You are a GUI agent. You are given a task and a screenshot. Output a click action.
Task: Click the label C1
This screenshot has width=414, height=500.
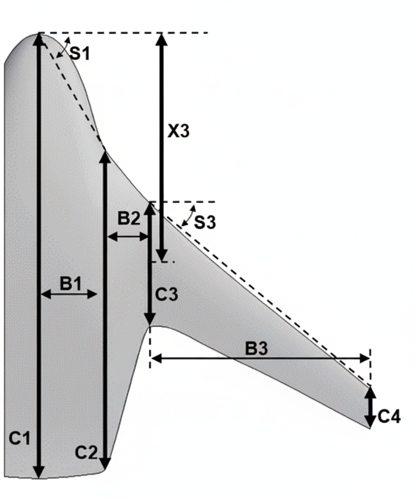pyautogui.click(x=20, y=439)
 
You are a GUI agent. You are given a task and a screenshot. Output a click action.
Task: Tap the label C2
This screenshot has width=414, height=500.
pyautogui.click(x=86, y=453)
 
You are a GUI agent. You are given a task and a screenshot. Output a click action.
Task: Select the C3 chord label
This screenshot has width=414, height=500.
pyautogui.click(x=166, y=295)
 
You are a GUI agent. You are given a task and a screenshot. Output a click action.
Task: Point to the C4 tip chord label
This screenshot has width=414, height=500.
pyautogui.click(x=389, y=417)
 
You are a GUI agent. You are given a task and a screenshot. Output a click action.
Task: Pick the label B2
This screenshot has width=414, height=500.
pyautogui.click(x=128, y=219)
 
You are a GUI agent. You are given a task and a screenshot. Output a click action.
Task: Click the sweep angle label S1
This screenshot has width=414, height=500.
pyautogui.click(x=80, y=54)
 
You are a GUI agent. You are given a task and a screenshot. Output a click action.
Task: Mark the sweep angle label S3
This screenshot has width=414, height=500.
pyautogui.click(x=205, y=222)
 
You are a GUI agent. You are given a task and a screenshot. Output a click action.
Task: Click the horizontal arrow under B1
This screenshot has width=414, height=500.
pyautogui.click(x=69, y=294)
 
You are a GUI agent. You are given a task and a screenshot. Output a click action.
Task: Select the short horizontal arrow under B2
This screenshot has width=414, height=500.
pyautogui.click(x=128, y=237)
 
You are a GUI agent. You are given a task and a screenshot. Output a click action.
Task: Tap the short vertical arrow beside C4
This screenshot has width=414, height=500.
pyautogui.click(x=370, y=407)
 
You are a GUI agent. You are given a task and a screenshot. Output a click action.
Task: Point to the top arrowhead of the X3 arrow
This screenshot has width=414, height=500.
pyautogui.click(x=161, y=39)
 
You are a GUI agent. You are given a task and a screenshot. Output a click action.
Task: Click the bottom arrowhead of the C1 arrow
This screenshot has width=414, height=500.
pyautogui.click(x=39, y=471)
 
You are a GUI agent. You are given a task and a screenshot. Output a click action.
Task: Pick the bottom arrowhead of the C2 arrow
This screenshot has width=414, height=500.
pyautogui.click(x=105, y=462)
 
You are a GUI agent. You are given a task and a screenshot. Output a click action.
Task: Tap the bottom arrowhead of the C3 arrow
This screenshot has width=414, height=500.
pyautogui.click(x=150, y=319)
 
